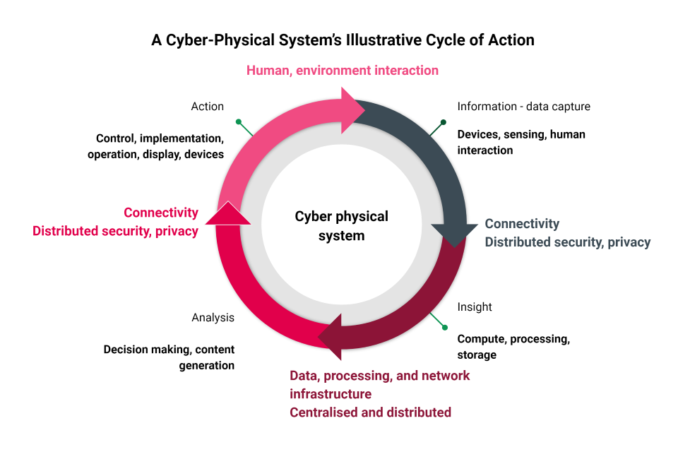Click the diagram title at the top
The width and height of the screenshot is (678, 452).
[x=343, y=40]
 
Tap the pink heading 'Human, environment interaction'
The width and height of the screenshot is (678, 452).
[x=342, y=71]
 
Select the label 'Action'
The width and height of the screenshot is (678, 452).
[x=207, y=107]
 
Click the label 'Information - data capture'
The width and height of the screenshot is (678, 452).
[x=523, y=107]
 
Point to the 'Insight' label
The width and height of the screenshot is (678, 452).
[x=475, y=307]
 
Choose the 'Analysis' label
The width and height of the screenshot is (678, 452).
[x=213, y=318]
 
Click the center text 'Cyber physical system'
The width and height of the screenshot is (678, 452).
[x=341, y=226]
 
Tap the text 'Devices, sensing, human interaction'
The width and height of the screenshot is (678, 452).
[x=521, y=142]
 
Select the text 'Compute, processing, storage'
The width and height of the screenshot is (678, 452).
[x=513, y=347]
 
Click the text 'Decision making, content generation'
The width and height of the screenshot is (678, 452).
[x=169, y=357]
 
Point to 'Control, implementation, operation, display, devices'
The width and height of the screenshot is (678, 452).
[x=155, y=146]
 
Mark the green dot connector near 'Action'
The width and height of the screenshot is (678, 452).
[x=239, y=121]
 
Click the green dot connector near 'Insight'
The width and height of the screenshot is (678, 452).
[x=444, y=327]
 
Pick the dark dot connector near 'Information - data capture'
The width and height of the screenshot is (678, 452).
[x=443, y=122]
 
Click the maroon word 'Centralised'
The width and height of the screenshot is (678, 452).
[x=324, y=412]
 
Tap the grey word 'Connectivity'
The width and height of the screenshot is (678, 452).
[x=522, y=224]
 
